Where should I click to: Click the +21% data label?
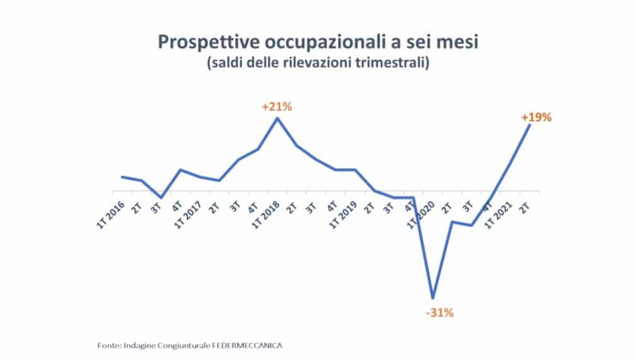[277, 107]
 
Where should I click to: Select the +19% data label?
[536, 117]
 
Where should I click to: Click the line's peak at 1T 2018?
[277, 119]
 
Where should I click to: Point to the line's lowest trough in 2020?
[432, 298]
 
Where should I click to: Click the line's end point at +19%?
[529, 125]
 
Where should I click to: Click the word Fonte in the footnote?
[109, 346]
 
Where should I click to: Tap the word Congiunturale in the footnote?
[189, 346]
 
